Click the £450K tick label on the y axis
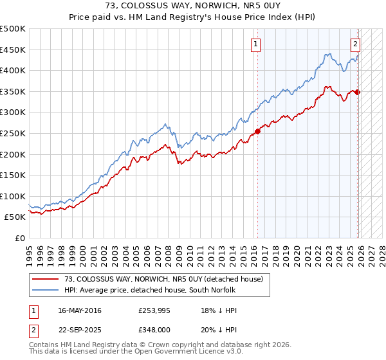point(13,50)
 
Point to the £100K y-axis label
point(13,196)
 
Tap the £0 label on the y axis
point(19,238)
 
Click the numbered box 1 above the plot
point(256,44)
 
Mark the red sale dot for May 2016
point(257,131)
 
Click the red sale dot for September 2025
point(358,92)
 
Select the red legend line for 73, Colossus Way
point(46,279)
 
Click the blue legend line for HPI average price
point(46,291)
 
